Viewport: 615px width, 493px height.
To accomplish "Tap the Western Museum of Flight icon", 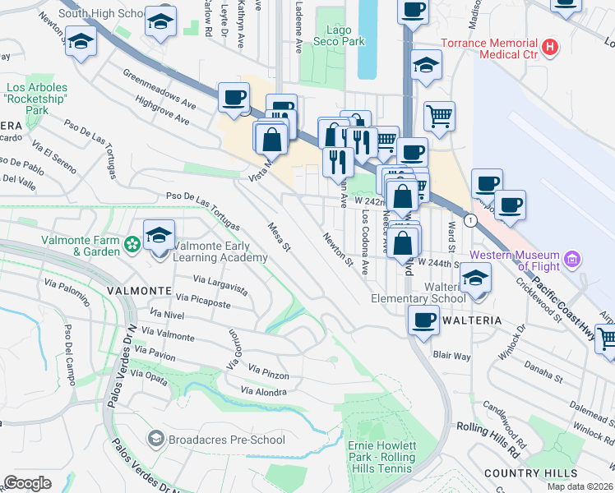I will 573,260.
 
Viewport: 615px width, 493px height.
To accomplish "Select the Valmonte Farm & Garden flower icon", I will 132,244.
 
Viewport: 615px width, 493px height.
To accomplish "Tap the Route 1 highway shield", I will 469,220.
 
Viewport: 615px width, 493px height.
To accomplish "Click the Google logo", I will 28,483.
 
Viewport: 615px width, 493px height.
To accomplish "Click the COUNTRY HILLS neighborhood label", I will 530,473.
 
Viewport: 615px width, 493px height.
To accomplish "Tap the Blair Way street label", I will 451,356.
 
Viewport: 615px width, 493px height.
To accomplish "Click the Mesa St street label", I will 280,236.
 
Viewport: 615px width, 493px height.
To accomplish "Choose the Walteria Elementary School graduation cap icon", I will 474,278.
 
